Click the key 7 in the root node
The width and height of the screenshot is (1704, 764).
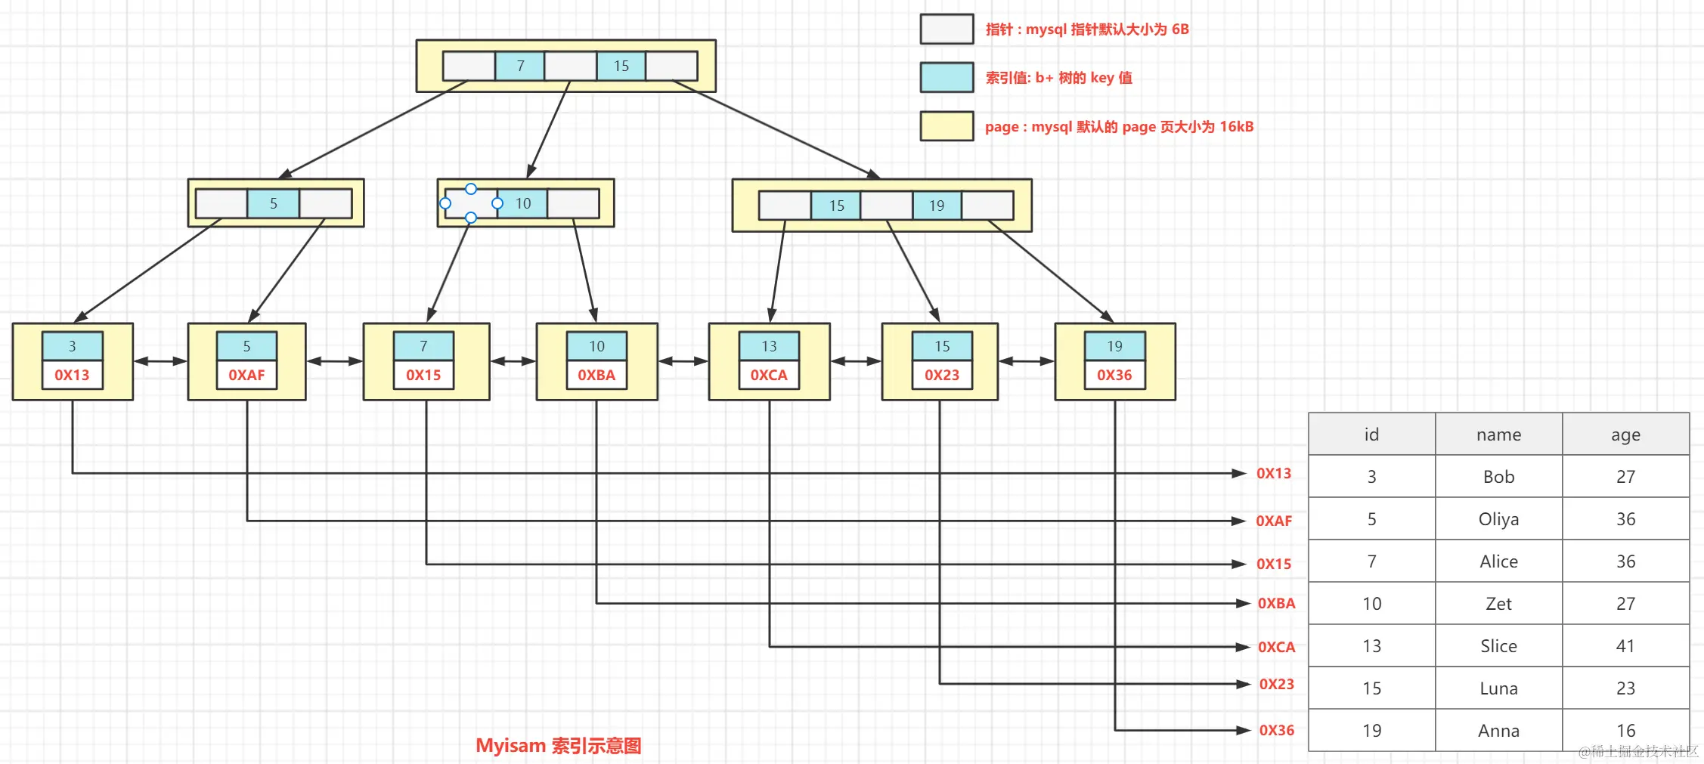pyautogui.click(x=519, y=67)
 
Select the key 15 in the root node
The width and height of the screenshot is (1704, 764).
pyautogui.click(x=621, y=67)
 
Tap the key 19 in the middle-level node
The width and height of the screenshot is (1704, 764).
pyautogui.click(x=937, y=206)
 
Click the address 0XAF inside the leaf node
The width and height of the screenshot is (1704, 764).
pyautogui.click(x=246, y=375)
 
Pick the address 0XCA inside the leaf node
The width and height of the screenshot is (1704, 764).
pyautogui.click(x=769, y=375)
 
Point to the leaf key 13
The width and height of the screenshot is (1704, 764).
pyautogui.click(x=769, y=346)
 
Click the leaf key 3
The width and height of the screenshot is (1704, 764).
pyautogui.click(x=73, y=346)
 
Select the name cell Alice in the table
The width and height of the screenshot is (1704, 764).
pyautogui.click(x=1498, y=561)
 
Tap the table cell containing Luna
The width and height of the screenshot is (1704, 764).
pyautogui.click(x=1498, y=688)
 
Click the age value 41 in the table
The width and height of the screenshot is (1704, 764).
pyautogui.click(x=1625, y=646)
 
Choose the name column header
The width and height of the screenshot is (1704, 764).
pyautogui.click(x=1498, y=435)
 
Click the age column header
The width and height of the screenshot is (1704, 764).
pyautogui.click(x=1625, y=435)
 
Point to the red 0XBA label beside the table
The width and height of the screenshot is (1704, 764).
pyautogui.click(x=1276, y=603)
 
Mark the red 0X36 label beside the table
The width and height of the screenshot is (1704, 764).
pyautogui.click(x=1276, y=730)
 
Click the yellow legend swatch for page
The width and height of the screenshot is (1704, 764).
pyautogui.click(x=946, y=126)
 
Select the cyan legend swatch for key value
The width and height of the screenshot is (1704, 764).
pyautogui.click(x=946, y=78)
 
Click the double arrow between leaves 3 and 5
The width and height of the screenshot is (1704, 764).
pyautogui.click(x=160, y=361)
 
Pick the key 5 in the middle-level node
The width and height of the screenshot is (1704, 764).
pyautogui.click(x=274, y=204)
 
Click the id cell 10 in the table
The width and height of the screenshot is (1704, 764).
pyautogui.click(x=1371, y=604)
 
